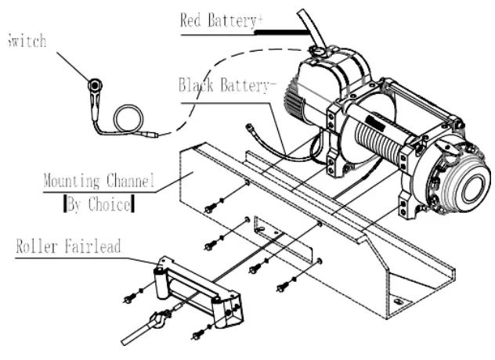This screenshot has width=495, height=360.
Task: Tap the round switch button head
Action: [95, 85]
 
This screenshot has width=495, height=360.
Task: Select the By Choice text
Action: [98, 207]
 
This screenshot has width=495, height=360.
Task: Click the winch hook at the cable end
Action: [157, 322]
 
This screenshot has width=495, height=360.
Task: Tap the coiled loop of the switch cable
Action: [128, 120]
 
